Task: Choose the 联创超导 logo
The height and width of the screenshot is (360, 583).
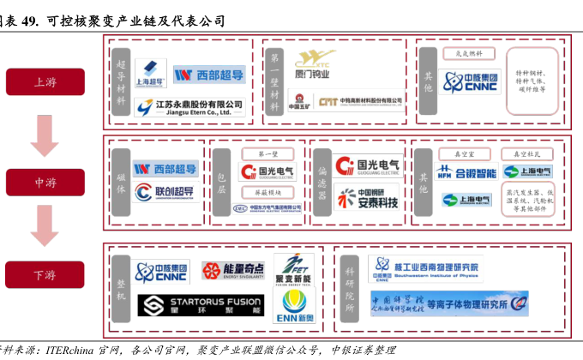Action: click(x=166, y=192)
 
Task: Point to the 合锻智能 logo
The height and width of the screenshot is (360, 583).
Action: click(x=467, y=172)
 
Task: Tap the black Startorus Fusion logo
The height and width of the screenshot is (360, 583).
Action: click(x=199, y=305)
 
